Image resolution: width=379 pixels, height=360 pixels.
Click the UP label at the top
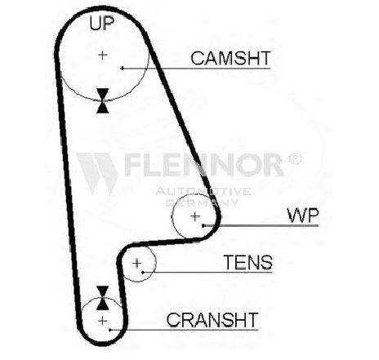[102, 23]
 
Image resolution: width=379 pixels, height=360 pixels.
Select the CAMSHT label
[230, 58]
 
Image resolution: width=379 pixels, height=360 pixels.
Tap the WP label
[303, 216]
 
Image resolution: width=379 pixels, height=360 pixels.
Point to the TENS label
[247, 262]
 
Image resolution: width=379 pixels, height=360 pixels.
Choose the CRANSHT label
[212, 320]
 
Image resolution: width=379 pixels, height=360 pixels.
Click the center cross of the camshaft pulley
[103, 56]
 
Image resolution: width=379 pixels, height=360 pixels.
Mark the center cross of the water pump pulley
[195, 216]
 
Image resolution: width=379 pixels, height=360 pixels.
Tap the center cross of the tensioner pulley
[136, 263]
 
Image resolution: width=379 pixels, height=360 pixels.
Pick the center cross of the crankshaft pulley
[103, 321]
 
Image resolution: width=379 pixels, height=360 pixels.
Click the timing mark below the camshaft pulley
[103, 100]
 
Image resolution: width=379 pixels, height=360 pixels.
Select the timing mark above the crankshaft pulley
[103, 298]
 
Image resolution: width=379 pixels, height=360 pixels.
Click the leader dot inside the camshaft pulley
[122, 68]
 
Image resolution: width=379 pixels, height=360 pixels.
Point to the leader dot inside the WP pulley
[203, 225]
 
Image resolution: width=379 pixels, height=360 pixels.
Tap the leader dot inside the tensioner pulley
[143, 272]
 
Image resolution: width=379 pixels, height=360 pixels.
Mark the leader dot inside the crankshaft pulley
[110, 330]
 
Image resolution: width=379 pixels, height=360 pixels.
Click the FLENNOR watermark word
[204, 165]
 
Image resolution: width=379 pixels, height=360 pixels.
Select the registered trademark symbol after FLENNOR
[295, 159]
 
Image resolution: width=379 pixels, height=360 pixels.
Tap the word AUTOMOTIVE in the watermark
[203, 191]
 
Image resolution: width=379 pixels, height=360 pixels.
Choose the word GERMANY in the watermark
[202, 202]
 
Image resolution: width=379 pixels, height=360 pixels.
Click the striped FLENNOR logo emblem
[97, 173]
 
